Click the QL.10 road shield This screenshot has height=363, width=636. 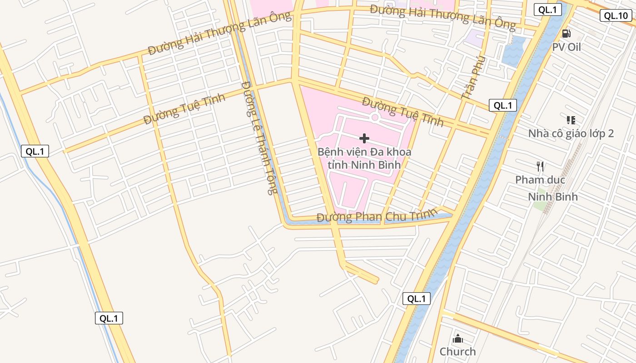pyautogui.click(x=616, y=16)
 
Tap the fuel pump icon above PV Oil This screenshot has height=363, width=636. pyautogui.click(x=566, y=33)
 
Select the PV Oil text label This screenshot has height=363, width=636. pyautogui.click(x=566, y=47)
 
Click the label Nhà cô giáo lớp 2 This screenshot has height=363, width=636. pyautogui.click(x=571, y=133)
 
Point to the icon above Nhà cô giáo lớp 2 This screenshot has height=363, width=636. pyautogui.click(x=571, y=120)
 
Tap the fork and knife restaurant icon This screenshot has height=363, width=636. pyautogui.click(x=540, y=167)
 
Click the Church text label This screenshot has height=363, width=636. pyautogui.click(x=457, y=352)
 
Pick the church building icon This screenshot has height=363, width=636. pyautogui.click(x=457, y=338)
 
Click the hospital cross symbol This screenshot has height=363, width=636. pyautogui.click(x=364, y=138)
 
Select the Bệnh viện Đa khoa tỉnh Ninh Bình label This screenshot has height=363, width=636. pyautogui.click(x=364, y=158)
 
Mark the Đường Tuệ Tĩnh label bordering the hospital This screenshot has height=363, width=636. pyautogui.click(x=402, y=111)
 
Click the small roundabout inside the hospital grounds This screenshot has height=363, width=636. pyautogui.click(x=375, y=118)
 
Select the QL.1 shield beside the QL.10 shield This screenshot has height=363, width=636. pyautogui.click(x=547, y=10)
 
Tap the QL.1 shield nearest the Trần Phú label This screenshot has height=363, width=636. pyautogui.click(x=503, y=106)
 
